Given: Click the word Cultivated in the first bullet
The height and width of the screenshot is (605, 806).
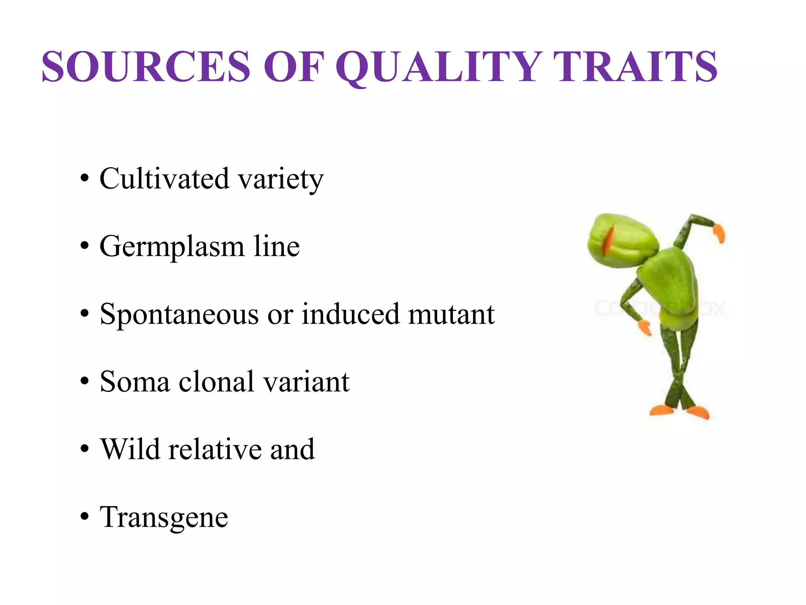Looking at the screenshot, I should point(164,179).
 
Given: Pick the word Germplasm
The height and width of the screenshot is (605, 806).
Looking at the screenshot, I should point(172,247).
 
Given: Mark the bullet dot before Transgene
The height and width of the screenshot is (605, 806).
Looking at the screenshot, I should point(84,516).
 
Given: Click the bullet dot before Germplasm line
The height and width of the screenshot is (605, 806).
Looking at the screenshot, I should point(84,246).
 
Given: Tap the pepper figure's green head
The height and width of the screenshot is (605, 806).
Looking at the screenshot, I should point(622,240).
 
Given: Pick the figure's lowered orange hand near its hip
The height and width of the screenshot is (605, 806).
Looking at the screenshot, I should point(645,327).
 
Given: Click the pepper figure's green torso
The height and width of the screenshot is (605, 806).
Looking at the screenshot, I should point(669,284).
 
